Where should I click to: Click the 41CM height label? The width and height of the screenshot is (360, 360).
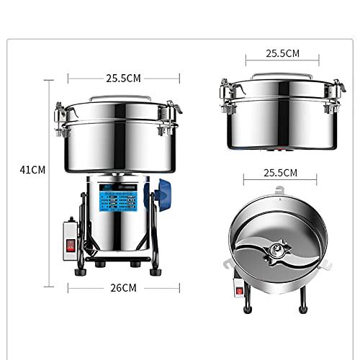(32, 170)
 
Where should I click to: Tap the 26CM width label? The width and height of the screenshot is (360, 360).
(123, 287)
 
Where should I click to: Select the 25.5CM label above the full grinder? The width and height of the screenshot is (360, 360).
(123, 78)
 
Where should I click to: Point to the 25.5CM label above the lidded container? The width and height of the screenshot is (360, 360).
(282, 53)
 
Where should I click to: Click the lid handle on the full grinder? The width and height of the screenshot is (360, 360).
(123, 96)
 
